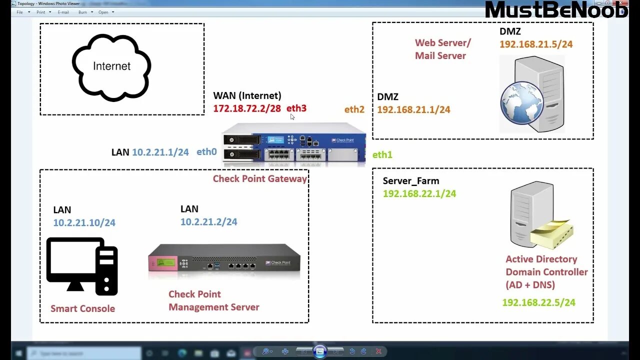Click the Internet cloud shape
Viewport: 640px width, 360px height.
pos(111,67)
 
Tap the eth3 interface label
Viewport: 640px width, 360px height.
pos(296,108)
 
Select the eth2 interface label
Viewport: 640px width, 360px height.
pos(354,109)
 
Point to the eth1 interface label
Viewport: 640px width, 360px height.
pos(382,155)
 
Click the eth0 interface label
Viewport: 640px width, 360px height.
pos(206,152)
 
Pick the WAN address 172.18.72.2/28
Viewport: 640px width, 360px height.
pos(247,108)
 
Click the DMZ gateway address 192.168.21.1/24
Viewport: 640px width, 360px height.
pos(413,109)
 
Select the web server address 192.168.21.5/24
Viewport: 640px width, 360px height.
pos(536,44)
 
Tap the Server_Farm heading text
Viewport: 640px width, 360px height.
pos(411,181)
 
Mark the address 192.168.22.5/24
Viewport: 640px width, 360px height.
pos(538,302)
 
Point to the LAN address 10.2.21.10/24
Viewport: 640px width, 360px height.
pos(84,222)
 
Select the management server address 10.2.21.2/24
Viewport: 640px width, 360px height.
pos(209,221)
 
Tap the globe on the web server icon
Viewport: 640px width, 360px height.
pos(521,103)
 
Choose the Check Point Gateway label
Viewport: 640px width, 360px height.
pos(260,178)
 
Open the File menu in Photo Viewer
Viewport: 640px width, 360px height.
pos(20,12)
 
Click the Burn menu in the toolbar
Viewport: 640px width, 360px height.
pos(82,12)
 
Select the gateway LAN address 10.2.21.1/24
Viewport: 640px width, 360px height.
pos(160,152)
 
